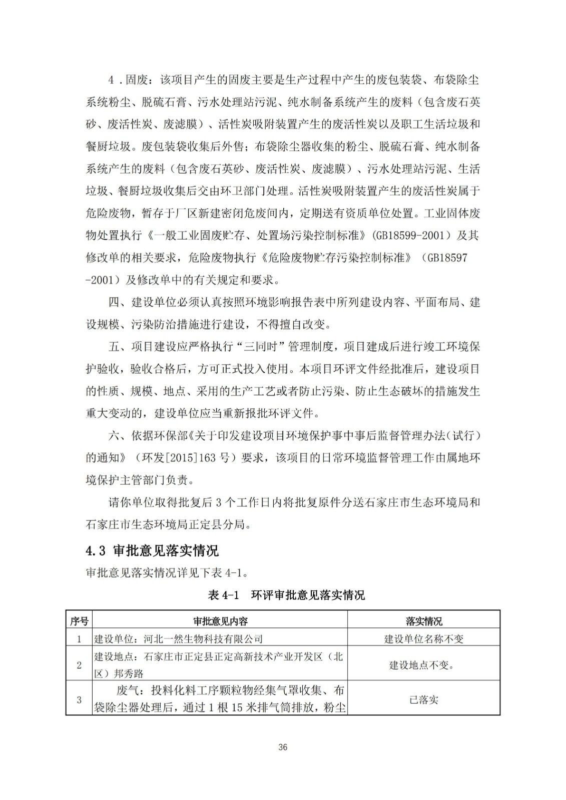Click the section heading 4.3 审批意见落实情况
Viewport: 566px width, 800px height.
click(x=152, y=551)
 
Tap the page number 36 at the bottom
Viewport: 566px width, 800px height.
click(x=283, y=747)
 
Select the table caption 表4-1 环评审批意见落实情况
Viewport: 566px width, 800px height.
click(x=286, y=595)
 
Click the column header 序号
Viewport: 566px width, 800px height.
click(x=79, y=621)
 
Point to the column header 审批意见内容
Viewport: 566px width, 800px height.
click(x=220, y=621)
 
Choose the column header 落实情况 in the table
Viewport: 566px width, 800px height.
click(x=424, y=621)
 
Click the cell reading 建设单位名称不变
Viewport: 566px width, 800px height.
click(x=424, y=638)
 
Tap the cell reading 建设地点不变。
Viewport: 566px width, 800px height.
click(x=424, y=665)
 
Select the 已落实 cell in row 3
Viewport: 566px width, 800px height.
click(x=424, y=700)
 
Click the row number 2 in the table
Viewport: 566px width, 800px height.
click(x=79, y=665)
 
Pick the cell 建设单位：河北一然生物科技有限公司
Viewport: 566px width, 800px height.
click(x=179, y=638)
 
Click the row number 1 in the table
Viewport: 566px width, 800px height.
click(x=79, y=638)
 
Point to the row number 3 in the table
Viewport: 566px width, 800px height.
click(x=79, y=700)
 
